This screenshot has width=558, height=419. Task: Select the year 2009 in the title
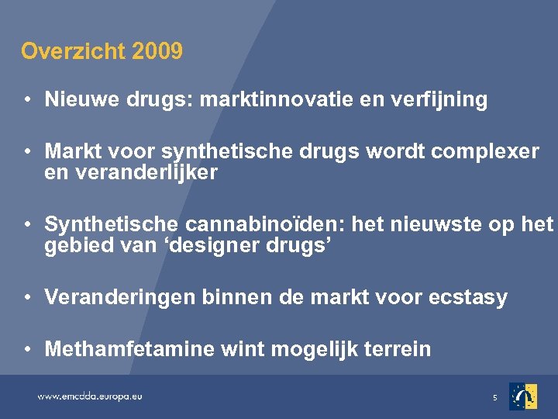point(157,52)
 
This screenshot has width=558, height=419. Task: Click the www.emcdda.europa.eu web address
point(90,396)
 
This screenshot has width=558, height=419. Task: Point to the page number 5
point(494,398)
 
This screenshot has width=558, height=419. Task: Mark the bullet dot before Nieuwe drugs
point(27,100)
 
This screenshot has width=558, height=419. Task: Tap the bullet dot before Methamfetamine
point(27,349)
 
